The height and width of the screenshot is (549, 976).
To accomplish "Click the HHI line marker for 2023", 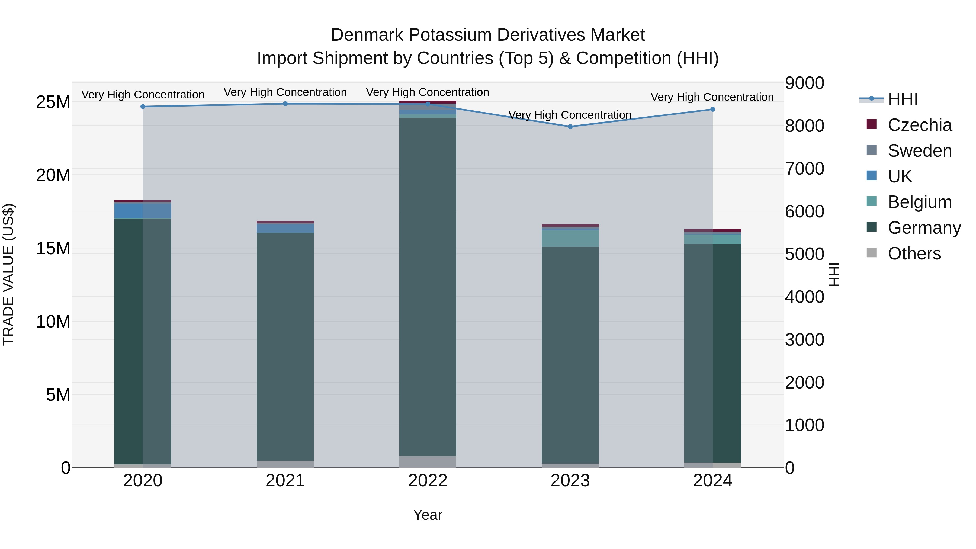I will pyautogui.click(x=570, y=127).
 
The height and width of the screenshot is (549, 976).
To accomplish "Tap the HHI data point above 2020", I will pyautogui.click(x=143, y=107).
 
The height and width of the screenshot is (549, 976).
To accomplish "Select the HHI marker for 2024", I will pyautogui.click(x=713, y=109).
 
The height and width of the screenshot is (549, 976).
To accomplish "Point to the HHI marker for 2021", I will pyautogui.click(x=285, y=104).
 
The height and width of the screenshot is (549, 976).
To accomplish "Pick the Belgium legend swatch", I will pyautogui.click(x=871, y=201).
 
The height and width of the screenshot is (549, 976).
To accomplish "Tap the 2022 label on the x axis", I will pyautogui.click(x=428, y=481).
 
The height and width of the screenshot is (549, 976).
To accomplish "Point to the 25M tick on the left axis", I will pyautogui.click(x=53, y=102).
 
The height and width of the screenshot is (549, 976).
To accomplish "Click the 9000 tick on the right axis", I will pyautogui.click(x=804, y=83).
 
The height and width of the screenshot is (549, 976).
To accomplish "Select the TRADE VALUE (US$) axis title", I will pyautogui.click(x=8, y=274).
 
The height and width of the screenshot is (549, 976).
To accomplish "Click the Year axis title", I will pyautogui.click(x=428, y=515).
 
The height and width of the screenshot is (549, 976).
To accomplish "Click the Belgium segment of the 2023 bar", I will pyautogui.click(x=570, y=238).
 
